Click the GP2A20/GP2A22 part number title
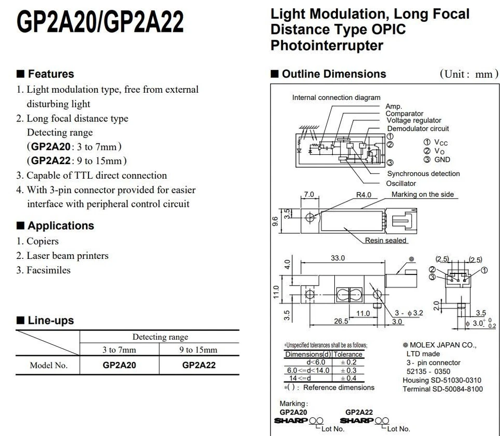100,22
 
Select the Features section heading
51,74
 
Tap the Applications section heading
60,226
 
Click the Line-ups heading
51,320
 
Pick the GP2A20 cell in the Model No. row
119,365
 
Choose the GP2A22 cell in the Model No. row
198,365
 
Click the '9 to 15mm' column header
198,350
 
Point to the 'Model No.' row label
48,365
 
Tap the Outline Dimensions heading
334,74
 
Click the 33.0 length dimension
337,258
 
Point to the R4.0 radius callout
364,195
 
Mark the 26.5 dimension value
341,321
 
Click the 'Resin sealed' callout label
386,240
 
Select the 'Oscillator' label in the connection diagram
401,183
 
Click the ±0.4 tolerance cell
348,379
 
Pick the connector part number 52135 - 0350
429,371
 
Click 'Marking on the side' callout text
422,194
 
